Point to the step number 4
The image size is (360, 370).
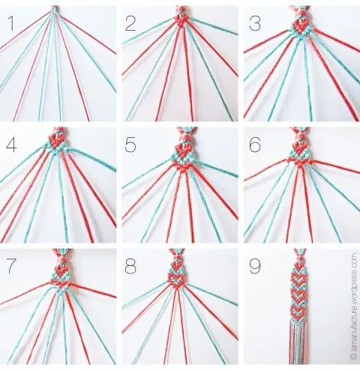coord(11,145)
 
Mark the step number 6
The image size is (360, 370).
coord(254,145)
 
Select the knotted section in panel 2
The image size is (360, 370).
coord(180,19)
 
